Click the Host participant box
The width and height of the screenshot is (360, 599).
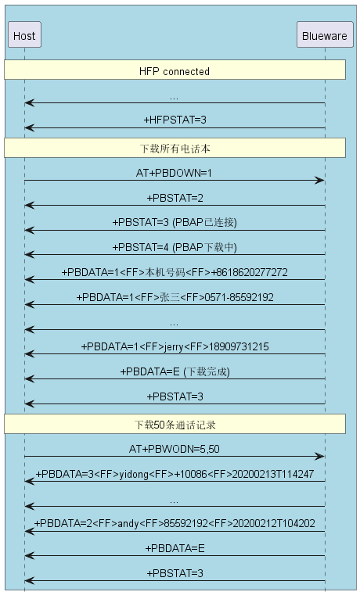coord(24,34)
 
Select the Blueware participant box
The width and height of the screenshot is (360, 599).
coord(325,34)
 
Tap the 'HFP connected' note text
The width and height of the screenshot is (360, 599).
coord(175,71)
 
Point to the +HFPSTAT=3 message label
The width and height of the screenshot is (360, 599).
coord(175,120)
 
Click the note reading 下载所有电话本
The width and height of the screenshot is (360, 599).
coord(175,149)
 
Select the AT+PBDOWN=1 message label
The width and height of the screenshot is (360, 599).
coord(174,173)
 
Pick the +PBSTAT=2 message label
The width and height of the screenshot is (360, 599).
coord(175,198)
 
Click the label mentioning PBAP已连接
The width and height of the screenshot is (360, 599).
coord(175,222)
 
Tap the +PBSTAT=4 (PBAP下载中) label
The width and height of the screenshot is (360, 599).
coord(175,248)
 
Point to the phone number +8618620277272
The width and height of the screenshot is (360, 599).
coord(249,272)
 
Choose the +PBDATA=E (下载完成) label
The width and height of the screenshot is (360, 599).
coord(175,371)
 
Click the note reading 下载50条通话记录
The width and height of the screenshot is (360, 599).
coord(175,425)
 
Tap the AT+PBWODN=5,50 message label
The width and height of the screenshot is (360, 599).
coord(175,449)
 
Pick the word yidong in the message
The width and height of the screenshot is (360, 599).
coord(134,474)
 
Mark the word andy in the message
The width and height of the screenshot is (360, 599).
coord(128,523)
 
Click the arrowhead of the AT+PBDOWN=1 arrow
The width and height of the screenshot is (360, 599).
coord(320,181)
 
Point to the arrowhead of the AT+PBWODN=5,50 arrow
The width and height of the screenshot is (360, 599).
coord(320,456)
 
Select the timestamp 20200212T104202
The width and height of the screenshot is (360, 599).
coord(274,523)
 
